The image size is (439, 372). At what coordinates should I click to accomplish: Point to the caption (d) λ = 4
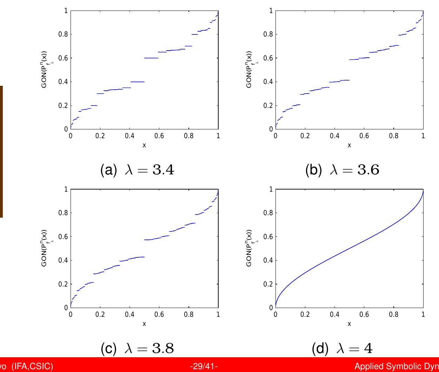point(342,348)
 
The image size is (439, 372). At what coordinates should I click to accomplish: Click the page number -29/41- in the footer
point(204,367)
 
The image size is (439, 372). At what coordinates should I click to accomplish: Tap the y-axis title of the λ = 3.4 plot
point(46,70)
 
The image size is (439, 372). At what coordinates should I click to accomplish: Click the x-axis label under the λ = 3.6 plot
point(349,145)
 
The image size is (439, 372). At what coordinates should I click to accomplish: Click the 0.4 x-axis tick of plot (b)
point(334,136)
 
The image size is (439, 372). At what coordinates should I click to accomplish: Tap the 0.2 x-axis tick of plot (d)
point(305,314)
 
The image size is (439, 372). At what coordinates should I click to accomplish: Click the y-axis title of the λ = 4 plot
point(251,248)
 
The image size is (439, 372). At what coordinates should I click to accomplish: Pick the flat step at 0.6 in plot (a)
point(151,58)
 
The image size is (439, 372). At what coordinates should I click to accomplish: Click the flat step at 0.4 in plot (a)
point(138,82)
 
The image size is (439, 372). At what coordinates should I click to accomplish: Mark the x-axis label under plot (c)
point(144,323)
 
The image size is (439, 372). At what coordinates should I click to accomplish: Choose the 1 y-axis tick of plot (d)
point(270,189)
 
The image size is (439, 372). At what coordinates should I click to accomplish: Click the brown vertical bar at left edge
point(1,151)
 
